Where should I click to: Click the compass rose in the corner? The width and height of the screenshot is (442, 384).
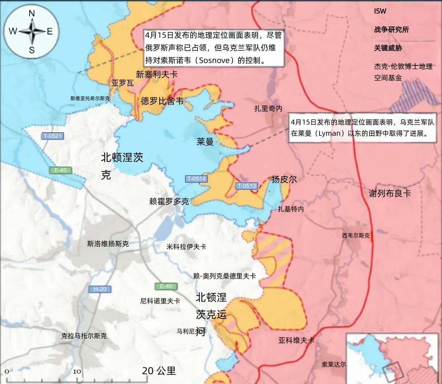point(32,32)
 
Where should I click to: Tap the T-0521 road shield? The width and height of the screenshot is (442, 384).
point(53,136)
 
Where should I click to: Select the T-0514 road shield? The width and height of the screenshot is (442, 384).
point(196,179)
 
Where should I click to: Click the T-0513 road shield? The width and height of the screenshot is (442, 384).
point(246,186)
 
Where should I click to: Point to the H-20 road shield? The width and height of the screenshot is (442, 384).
point(100,289)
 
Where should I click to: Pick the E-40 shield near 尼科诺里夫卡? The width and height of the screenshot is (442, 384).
point(166,286)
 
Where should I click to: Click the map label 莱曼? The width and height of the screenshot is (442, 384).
point(205,141)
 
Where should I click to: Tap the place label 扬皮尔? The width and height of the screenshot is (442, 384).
point(284,179)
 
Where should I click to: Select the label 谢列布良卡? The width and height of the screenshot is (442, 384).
point(390,193)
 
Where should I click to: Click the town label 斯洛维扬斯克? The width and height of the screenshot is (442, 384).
point(108,244)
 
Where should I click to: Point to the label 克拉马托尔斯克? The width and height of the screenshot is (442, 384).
point(84,336)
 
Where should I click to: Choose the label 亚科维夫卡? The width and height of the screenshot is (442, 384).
point(296,340)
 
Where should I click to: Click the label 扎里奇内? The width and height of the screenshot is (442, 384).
point(268,108)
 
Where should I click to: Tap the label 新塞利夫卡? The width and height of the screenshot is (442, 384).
point(157,74)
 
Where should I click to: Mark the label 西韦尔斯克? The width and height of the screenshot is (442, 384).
point(355,236)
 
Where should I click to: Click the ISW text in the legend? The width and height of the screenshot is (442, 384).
point(380,11)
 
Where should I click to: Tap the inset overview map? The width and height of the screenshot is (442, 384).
point(392,358)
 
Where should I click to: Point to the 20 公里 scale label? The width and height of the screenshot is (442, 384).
point(159,371)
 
